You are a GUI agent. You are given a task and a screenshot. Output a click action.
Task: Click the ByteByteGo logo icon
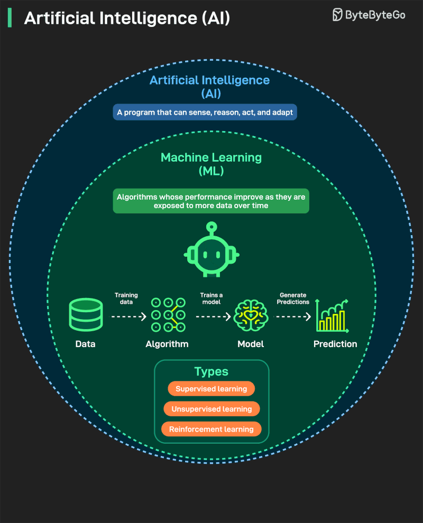[x=337, y=15]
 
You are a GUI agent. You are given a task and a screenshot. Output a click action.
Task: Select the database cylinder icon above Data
[x=86, y=315]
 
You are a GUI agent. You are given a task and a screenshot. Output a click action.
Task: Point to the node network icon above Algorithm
[x=168, y=315]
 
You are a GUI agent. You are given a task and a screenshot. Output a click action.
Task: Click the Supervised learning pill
[x=212, y=389]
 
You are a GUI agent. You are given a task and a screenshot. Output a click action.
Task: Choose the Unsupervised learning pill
[x=212, y=409]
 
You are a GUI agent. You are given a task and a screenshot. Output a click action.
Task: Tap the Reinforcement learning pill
[x=212, y=429]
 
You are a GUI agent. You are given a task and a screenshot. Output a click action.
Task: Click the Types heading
[x=212, y=371]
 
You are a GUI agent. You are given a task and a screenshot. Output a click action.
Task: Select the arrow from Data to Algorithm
[x=128, y=316]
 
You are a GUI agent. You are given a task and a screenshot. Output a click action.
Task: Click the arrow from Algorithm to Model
[x=213, y=316]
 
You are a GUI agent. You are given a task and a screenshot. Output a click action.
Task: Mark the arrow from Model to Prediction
[x=293, y=316]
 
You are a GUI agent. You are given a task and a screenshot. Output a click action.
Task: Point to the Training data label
[x=126, y=298]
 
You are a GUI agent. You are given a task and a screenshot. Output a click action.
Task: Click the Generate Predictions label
[x=294, y=298]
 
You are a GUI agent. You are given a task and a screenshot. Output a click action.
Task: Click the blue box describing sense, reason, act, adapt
[x=205, y=112]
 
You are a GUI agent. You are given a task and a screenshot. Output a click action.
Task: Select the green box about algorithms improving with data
[x=211, y=201]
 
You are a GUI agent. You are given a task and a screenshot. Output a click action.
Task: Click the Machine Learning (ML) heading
[x=211, y=164]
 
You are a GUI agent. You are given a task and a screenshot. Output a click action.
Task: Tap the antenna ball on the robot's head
[x=211, y=226]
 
